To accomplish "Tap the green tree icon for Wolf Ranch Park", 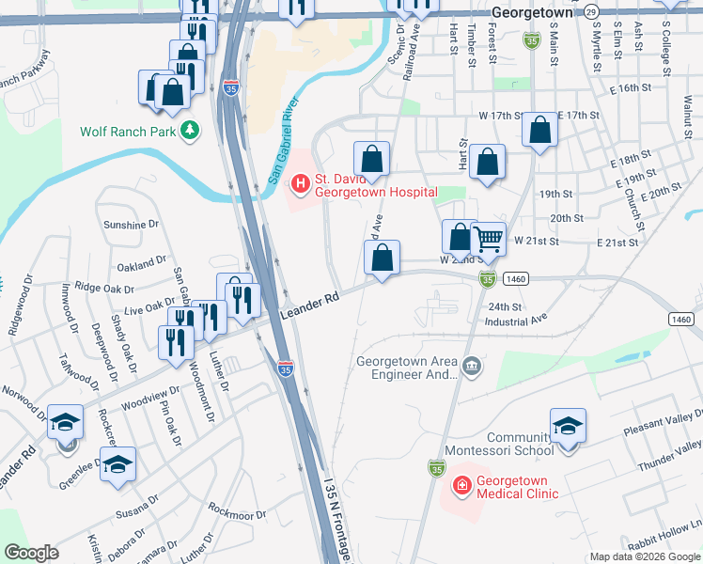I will click(x=191, y=130).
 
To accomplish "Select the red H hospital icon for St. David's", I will click(x=301, y=183).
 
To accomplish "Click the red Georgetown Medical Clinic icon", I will click(x=461, y=486).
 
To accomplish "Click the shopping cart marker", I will click(x=488, y=241).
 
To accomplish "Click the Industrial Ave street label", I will click(x=516, y=321).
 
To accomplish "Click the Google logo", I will click(x=31, y=553).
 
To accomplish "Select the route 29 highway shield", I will click(x=590, y=11).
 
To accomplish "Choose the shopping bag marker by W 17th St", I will click(x=539, y=133).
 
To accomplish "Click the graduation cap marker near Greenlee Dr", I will click(x=118, y=464).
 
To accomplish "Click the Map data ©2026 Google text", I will click(x=645, y=556).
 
